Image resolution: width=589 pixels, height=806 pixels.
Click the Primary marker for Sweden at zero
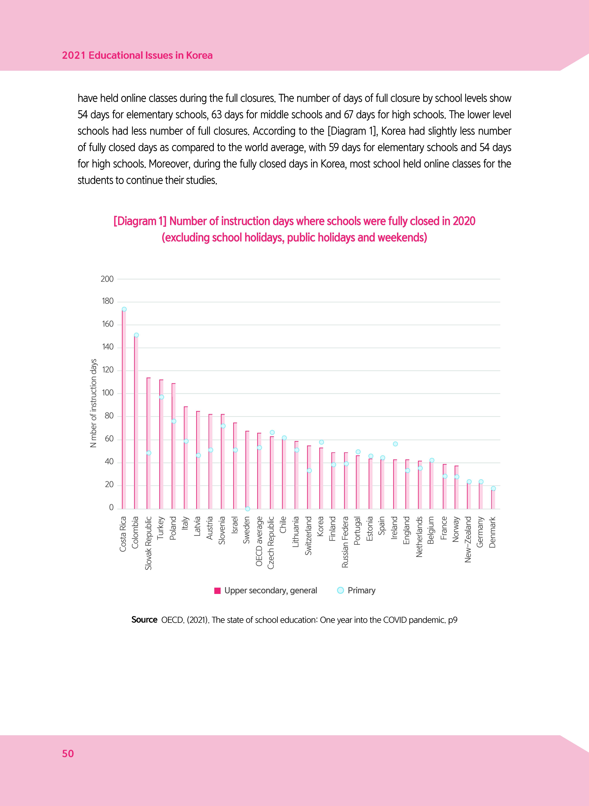[x=247, y=509]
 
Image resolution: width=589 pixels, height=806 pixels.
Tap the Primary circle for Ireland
[x=395, y=444]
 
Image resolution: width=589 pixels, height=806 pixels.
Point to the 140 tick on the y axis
[x=108, y=347]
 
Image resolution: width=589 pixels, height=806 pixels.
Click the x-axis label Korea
[x=320, y=526]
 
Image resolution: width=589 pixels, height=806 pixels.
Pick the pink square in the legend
[x=217, y=591]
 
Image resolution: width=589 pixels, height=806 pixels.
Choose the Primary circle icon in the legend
[x=340, y=590]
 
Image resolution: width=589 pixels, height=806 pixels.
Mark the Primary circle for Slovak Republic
[x=149, y=453]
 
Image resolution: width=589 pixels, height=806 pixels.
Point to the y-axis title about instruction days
[x=93, y=403]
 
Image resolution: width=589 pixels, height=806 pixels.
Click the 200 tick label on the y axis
[x=107, y=279]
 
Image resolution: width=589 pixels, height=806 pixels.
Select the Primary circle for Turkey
[x=162, y=397]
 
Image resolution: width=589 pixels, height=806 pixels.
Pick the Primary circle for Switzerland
[x=309, y=471]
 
